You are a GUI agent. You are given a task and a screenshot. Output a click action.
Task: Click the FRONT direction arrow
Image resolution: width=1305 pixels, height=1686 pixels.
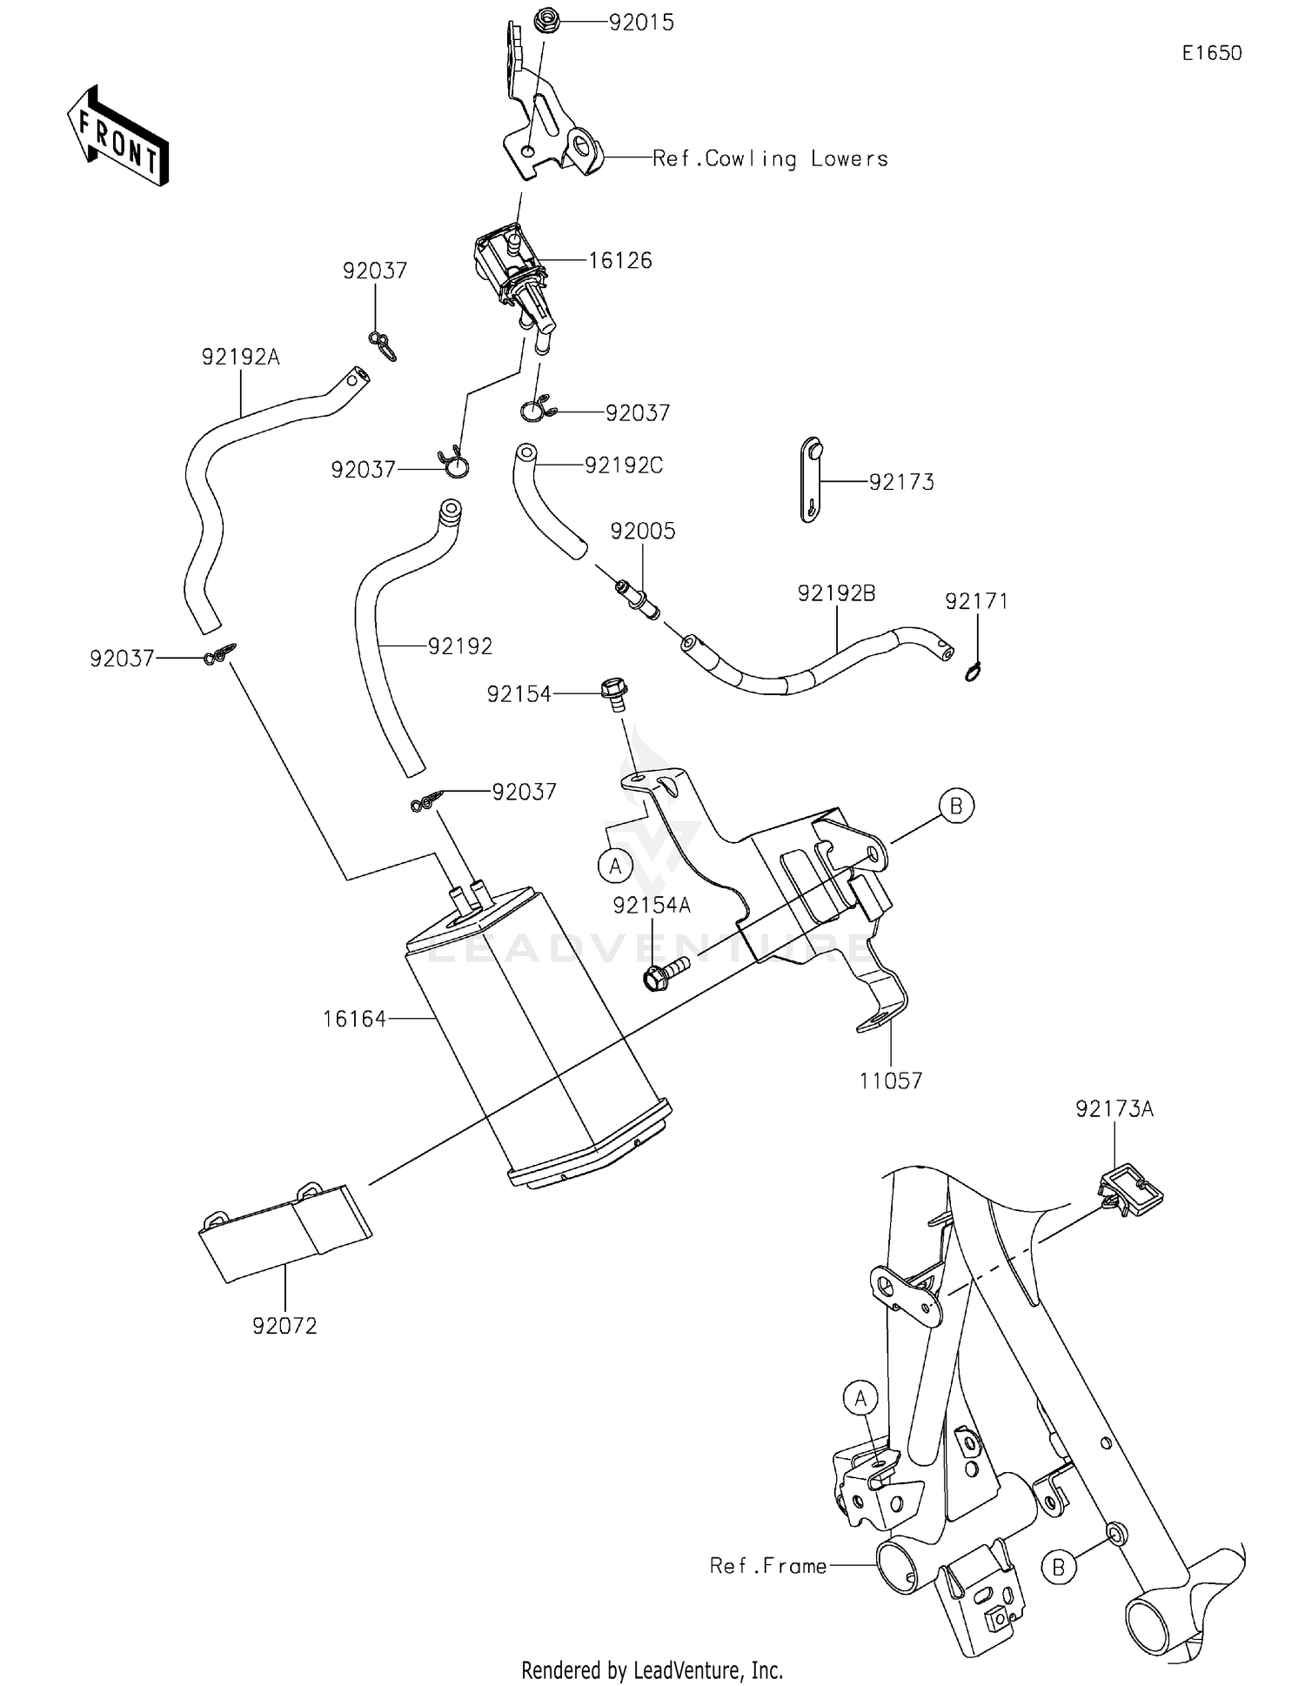tap(117, 137)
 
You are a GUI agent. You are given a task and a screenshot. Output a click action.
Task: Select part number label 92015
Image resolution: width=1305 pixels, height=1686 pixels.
tap(641, 23)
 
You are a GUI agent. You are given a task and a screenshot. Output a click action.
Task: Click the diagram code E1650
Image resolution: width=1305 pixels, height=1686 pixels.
tap(1211, 53)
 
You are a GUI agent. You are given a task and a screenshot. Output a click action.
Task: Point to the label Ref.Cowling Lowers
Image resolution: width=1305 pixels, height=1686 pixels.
tap(770, 158)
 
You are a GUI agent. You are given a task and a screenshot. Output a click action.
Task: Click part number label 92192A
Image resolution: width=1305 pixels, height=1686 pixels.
tap(240, 357)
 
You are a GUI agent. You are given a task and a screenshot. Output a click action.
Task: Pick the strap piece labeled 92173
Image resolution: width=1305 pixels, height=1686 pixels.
tap(811, 480)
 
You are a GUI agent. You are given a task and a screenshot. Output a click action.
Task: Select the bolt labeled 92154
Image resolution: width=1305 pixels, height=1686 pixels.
tap(613, 693)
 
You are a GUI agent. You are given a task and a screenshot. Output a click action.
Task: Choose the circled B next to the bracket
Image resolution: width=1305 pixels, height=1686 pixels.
tap(955, 806)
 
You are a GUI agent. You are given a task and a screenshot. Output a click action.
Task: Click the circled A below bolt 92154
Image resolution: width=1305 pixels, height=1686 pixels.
tap(615, 866)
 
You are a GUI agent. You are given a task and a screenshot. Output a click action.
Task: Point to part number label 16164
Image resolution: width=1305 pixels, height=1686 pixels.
tap(354, 1019)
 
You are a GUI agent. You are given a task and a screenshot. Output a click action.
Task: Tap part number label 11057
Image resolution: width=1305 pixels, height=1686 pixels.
tap(890, 1081)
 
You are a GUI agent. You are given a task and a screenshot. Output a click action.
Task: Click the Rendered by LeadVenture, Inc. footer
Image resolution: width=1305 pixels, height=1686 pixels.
tap(652, 1669)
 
